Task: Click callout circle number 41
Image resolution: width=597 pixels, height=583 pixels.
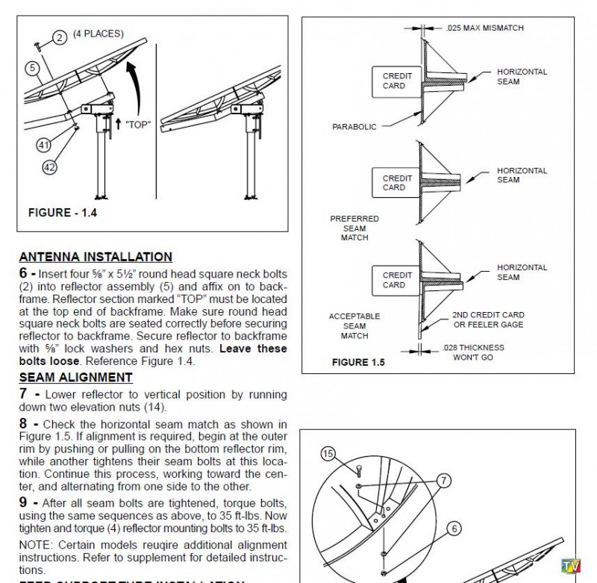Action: pyautogui.click(x=43, y=146)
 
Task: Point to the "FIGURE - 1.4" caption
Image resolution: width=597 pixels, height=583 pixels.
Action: pyautogui.click(x=63, y=213)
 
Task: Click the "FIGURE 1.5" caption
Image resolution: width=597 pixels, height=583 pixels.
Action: pyautogui.click(x=358, y=363)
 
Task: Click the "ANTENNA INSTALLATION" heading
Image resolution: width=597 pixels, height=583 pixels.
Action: pyautogui.click(x=96, y=257)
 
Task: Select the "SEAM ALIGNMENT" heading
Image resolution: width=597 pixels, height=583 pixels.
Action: pyautogui.click(x=75, y=378)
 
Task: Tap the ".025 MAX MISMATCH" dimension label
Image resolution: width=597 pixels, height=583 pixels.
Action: pyautogui.click(x=484, y=28)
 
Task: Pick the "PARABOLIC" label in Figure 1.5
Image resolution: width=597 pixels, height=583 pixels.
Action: pyautogui.click(x=354, y=127)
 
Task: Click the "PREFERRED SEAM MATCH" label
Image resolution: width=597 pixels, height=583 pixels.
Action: pyautogui.click(x=354, y=228)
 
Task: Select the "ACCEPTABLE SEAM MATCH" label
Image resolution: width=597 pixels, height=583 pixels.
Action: pyautogui.click(x=354, y=326)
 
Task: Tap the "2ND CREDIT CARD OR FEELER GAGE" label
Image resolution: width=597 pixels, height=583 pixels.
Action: pyautogui.click(x=488, y=319)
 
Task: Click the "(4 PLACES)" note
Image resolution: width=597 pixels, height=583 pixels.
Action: pyautogui.click(x=99, y=34)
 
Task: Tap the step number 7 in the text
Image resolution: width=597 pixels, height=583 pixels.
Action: pyautogui.click(x=24, y=393)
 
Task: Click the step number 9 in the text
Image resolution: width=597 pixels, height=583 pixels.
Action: pyautogui.click(x=24, y=502)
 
